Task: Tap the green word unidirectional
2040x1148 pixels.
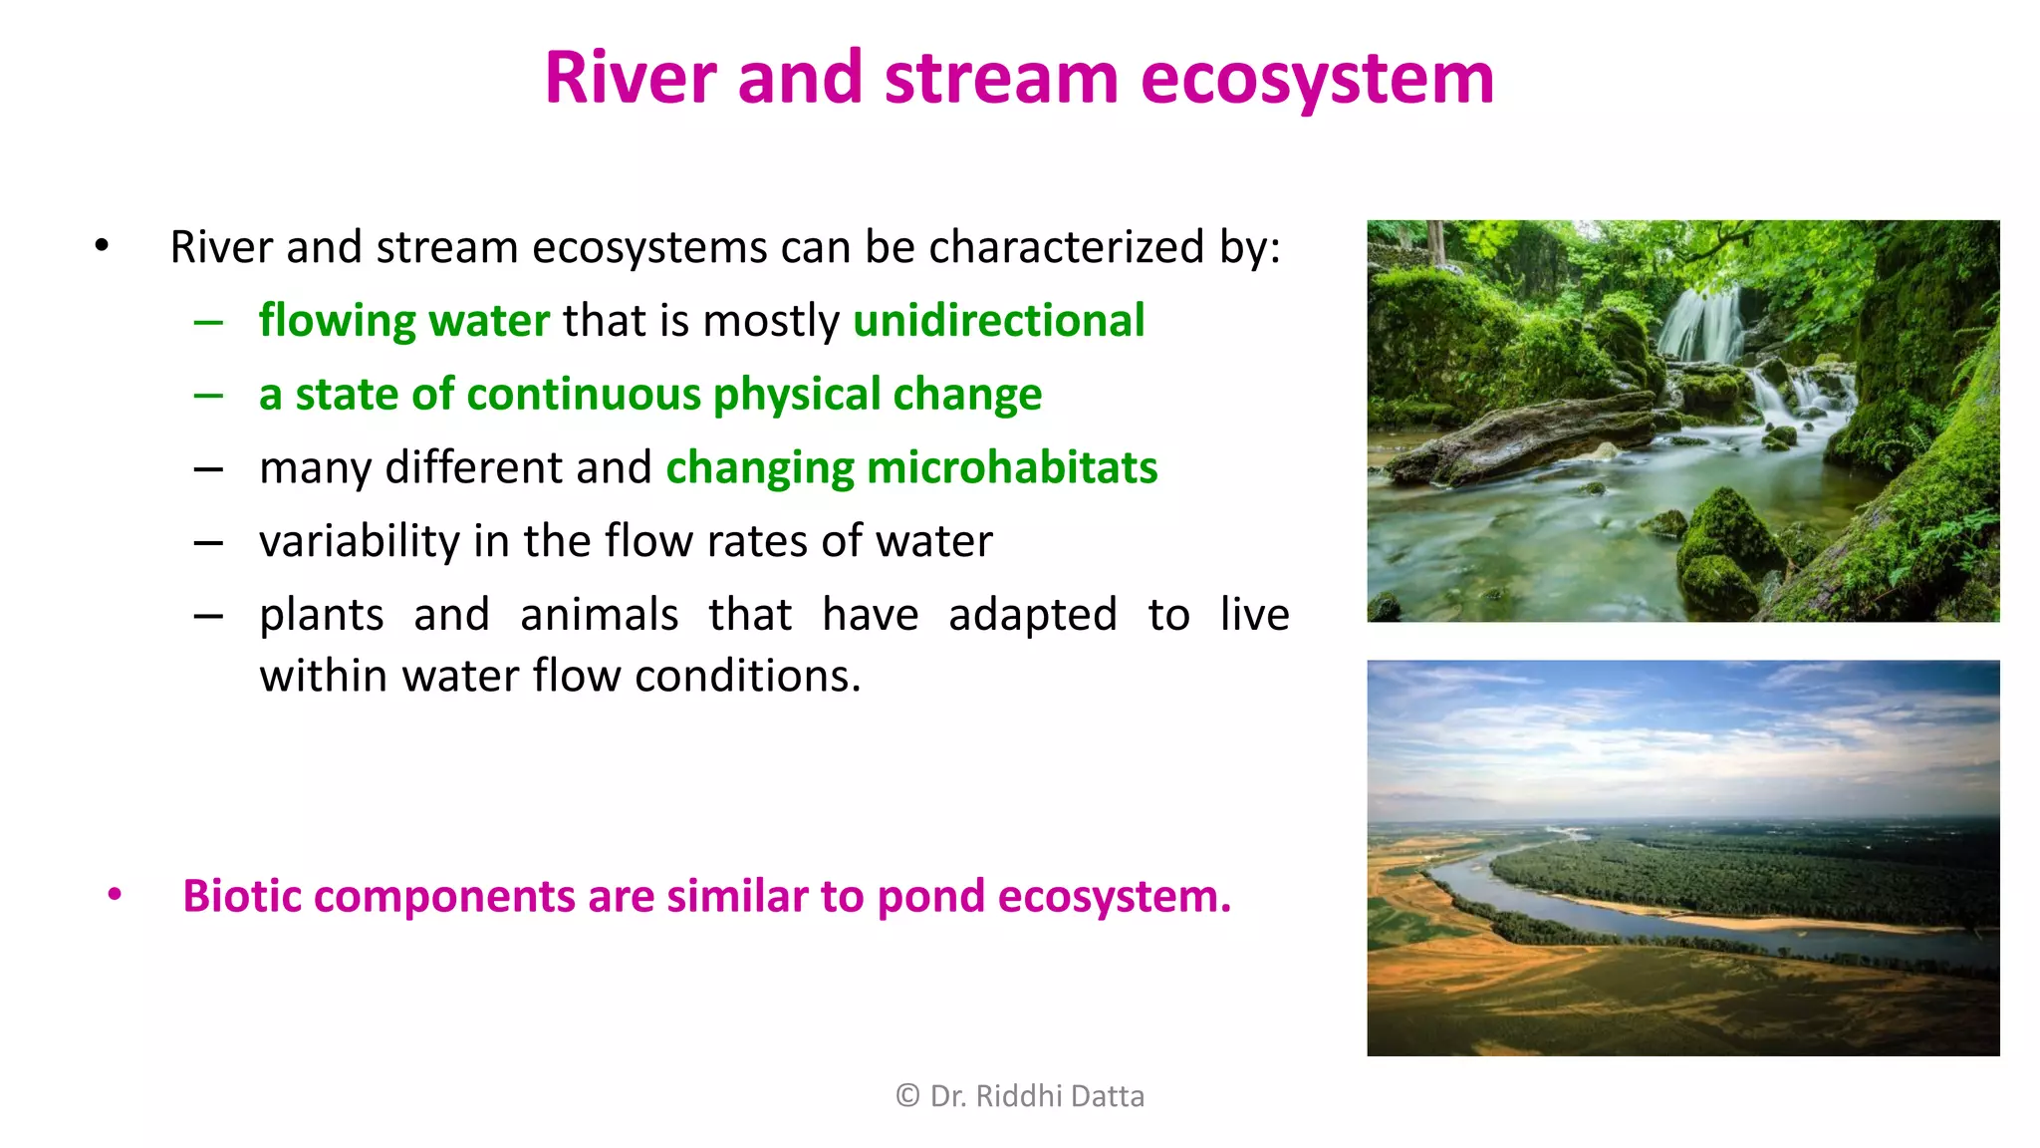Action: point(998,321)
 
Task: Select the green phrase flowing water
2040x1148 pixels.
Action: point(403,321)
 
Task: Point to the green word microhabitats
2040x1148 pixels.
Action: point(1011,467)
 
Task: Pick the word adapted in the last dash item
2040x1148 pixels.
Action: point(1032,615)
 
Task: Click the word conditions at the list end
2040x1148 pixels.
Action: point(747,677)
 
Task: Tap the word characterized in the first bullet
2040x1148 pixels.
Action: point(1066,247)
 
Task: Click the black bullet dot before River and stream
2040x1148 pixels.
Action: point(102,245)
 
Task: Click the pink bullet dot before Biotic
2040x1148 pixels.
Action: point(115,895)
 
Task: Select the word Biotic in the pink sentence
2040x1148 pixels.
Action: point(241,896)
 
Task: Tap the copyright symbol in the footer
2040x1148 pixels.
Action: point(906,1096)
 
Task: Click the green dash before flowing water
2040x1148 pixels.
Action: point(208,322)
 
